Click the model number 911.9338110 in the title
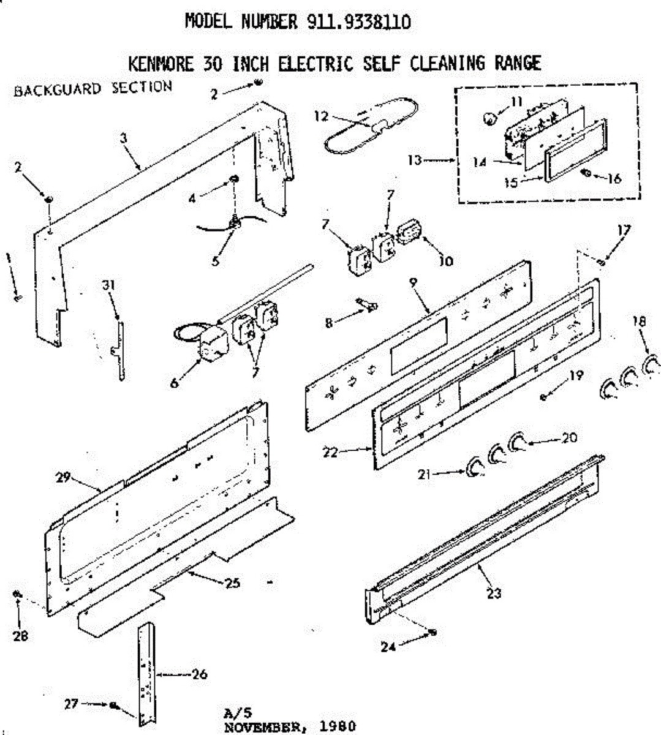(x=358, y=23)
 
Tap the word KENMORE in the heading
(x=161, y=63)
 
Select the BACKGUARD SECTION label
(x=93, y=88)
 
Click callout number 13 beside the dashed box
(x=415, y=160)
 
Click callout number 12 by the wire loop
(x=321, y=116)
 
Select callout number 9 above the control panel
(x=414, y=282)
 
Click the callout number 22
(x=330, y=453)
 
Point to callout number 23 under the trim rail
(x=494, y=592)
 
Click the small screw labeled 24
(x=432, y=632)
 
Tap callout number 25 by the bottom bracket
(x=232, y=583)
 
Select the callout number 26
(x=199, y=674)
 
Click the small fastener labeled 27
(x=114, y=705)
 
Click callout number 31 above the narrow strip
(x=109, y=285)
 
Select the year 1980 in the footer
(x=338, y=727)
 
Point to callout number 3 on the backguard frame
(x=123, y=138)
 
